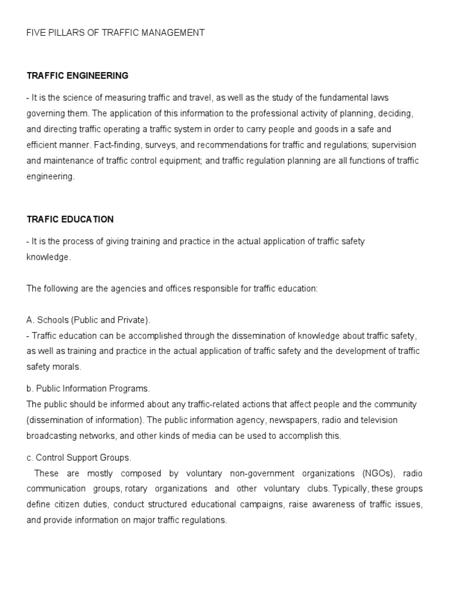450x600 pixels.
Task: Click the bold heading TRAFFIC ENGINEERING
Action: tap(77, 76)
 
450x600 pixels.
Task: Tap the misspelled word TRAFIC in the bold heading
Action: tap(42, 219)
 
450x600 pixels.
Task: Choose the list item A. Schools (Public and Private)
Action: tap(88, 320)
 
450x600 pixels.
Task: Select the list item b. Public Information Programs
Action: tap(88, 388)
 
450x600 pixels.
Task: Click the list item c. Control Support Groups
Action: tap(79, 457)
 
